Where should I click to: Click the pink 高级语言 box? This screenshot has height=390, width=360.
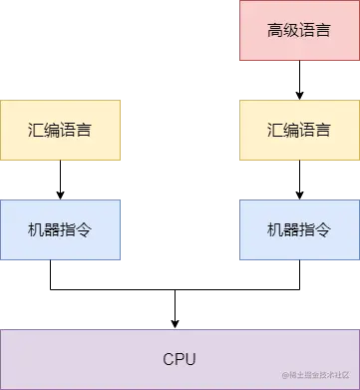point(299,31)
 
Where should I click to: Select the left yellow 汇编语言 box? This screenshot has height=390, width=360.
point(60,130)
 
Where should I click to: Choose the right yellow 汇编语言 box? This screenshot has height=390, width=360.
point(299,130)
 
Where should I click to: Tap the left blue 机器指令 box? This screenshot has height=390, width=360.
point(60,229)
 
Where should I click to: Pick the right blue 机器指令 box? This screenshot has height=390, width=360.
point(299,229)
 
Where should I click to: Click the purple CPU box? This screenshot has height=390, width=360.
point(180,358)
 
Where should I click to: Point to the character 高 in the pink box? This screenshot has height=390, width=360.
point(275,30)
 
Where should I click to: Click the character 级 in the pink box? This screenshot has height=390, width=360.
point(291,30)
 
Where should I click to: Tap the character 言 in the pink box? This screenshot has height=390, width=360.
point(323,30)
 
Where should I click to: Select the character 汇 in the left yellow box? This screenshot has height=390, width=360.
point(36,130)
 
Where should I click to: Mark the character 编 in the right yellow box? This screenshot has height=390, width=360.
point(291,130)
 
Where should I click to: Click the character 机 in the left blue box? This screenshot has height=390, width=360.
point(36,229)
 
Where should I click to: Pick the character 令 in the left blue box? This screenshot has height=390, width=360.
point(84,229)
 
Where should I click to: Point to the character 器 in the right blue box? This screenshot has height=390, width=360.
point(291,229)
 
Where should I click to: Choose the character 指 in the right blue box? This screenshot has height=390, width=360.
point(307,229)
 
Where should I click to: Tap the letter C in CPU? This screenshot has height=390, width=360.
point(169,359)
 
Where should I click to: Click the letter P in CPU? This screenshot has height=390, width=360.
point(180,359)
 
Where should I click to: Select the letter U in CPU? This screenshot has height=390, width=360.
point(190,359)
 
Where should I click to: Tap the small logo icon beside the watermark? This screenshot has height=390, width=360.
point(285,375)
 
